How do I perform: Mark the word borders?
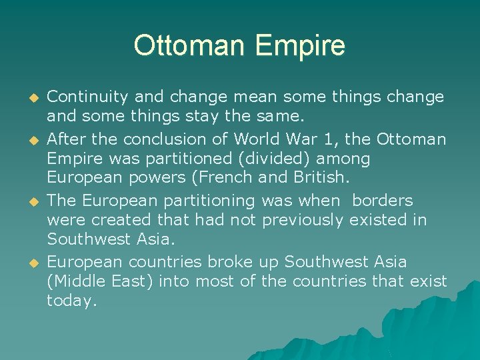click(x=382, y=201)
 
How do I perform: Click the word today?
click(x=71, y=301)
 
